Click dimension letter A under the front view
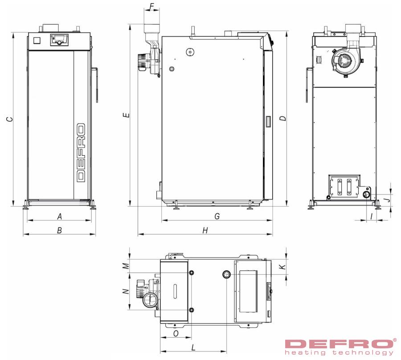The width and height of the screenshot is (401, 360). pos(60,217)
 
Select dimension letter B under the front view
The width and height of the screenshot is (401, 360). pos(59,231)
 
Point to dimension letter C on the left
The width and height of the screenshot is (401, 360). pos(9,119)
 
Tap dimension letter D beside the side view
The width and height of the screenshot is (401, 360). pos(283,118)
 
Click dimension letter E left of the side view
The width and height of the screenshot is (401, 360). pos(127,115)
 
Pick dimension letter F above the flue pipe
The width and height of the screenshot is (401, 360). pos(151,6)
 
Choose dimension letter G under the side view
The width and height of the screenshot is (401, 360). pos(217,216)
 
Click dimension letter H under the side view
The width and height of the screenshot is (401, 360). pos(205,231)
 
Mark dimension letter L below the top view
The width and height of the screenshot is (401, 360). pos(193,348)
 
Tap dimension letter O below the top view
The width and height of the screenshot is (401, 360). pos(176,333)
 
